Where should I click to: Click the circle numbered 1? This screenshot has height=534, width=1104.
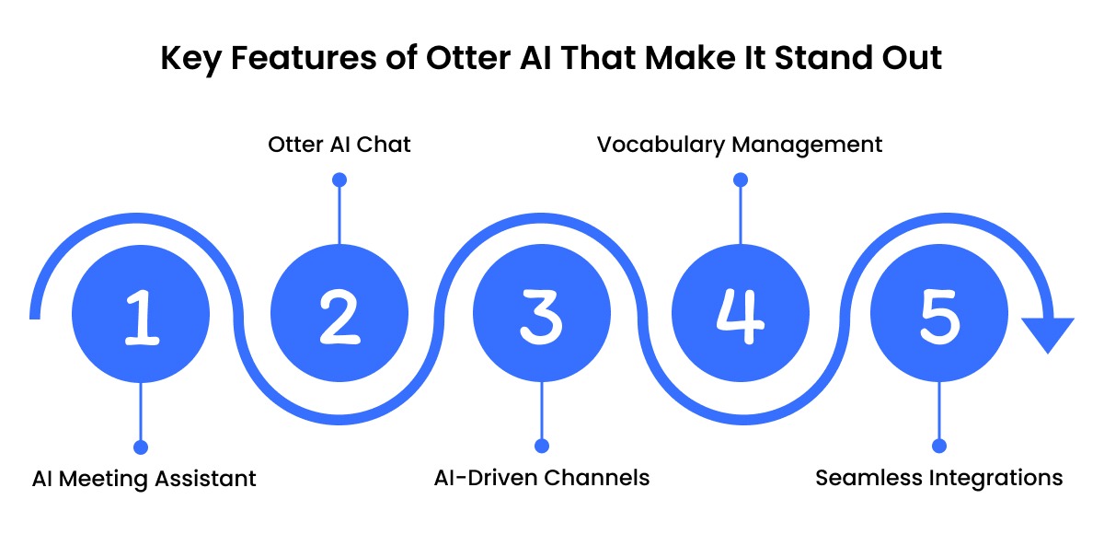tap(140, 315)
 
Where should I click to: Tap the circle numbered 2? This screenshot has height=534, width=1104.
tap(339, 315)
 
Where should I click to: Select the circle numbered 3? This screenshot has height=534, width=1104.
tap(540, 315)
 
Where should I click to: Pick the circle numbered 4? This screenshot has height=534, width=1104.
tap(741, 315)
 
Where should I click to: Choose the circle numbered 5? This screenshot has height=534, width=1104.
tap(938, 315)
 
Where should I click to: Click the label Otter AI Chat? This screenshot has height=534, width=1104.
tap(339, 145)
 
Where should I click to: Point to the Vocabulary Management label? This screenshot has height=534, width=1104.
tap(740, 145)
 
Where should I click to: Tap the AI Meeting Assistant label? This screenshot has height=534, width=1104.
tap(144, 479)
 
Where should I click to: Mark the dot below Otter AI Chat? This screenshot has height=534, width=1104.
tap(339, 180)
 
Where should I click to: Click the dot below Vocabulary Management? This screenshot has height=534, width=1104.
tap(741, 180)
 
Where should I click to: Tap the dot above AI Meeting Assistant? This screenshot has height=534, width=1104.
tap(141, 447)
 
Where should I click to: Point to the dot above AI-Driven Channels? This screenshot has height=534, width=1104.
tap(541, 447)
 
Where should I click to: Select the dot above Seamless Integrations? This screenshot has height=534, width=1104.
tap(938, 447)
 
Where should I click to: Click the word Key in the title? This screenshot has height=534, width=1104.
tap(190, 58)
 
